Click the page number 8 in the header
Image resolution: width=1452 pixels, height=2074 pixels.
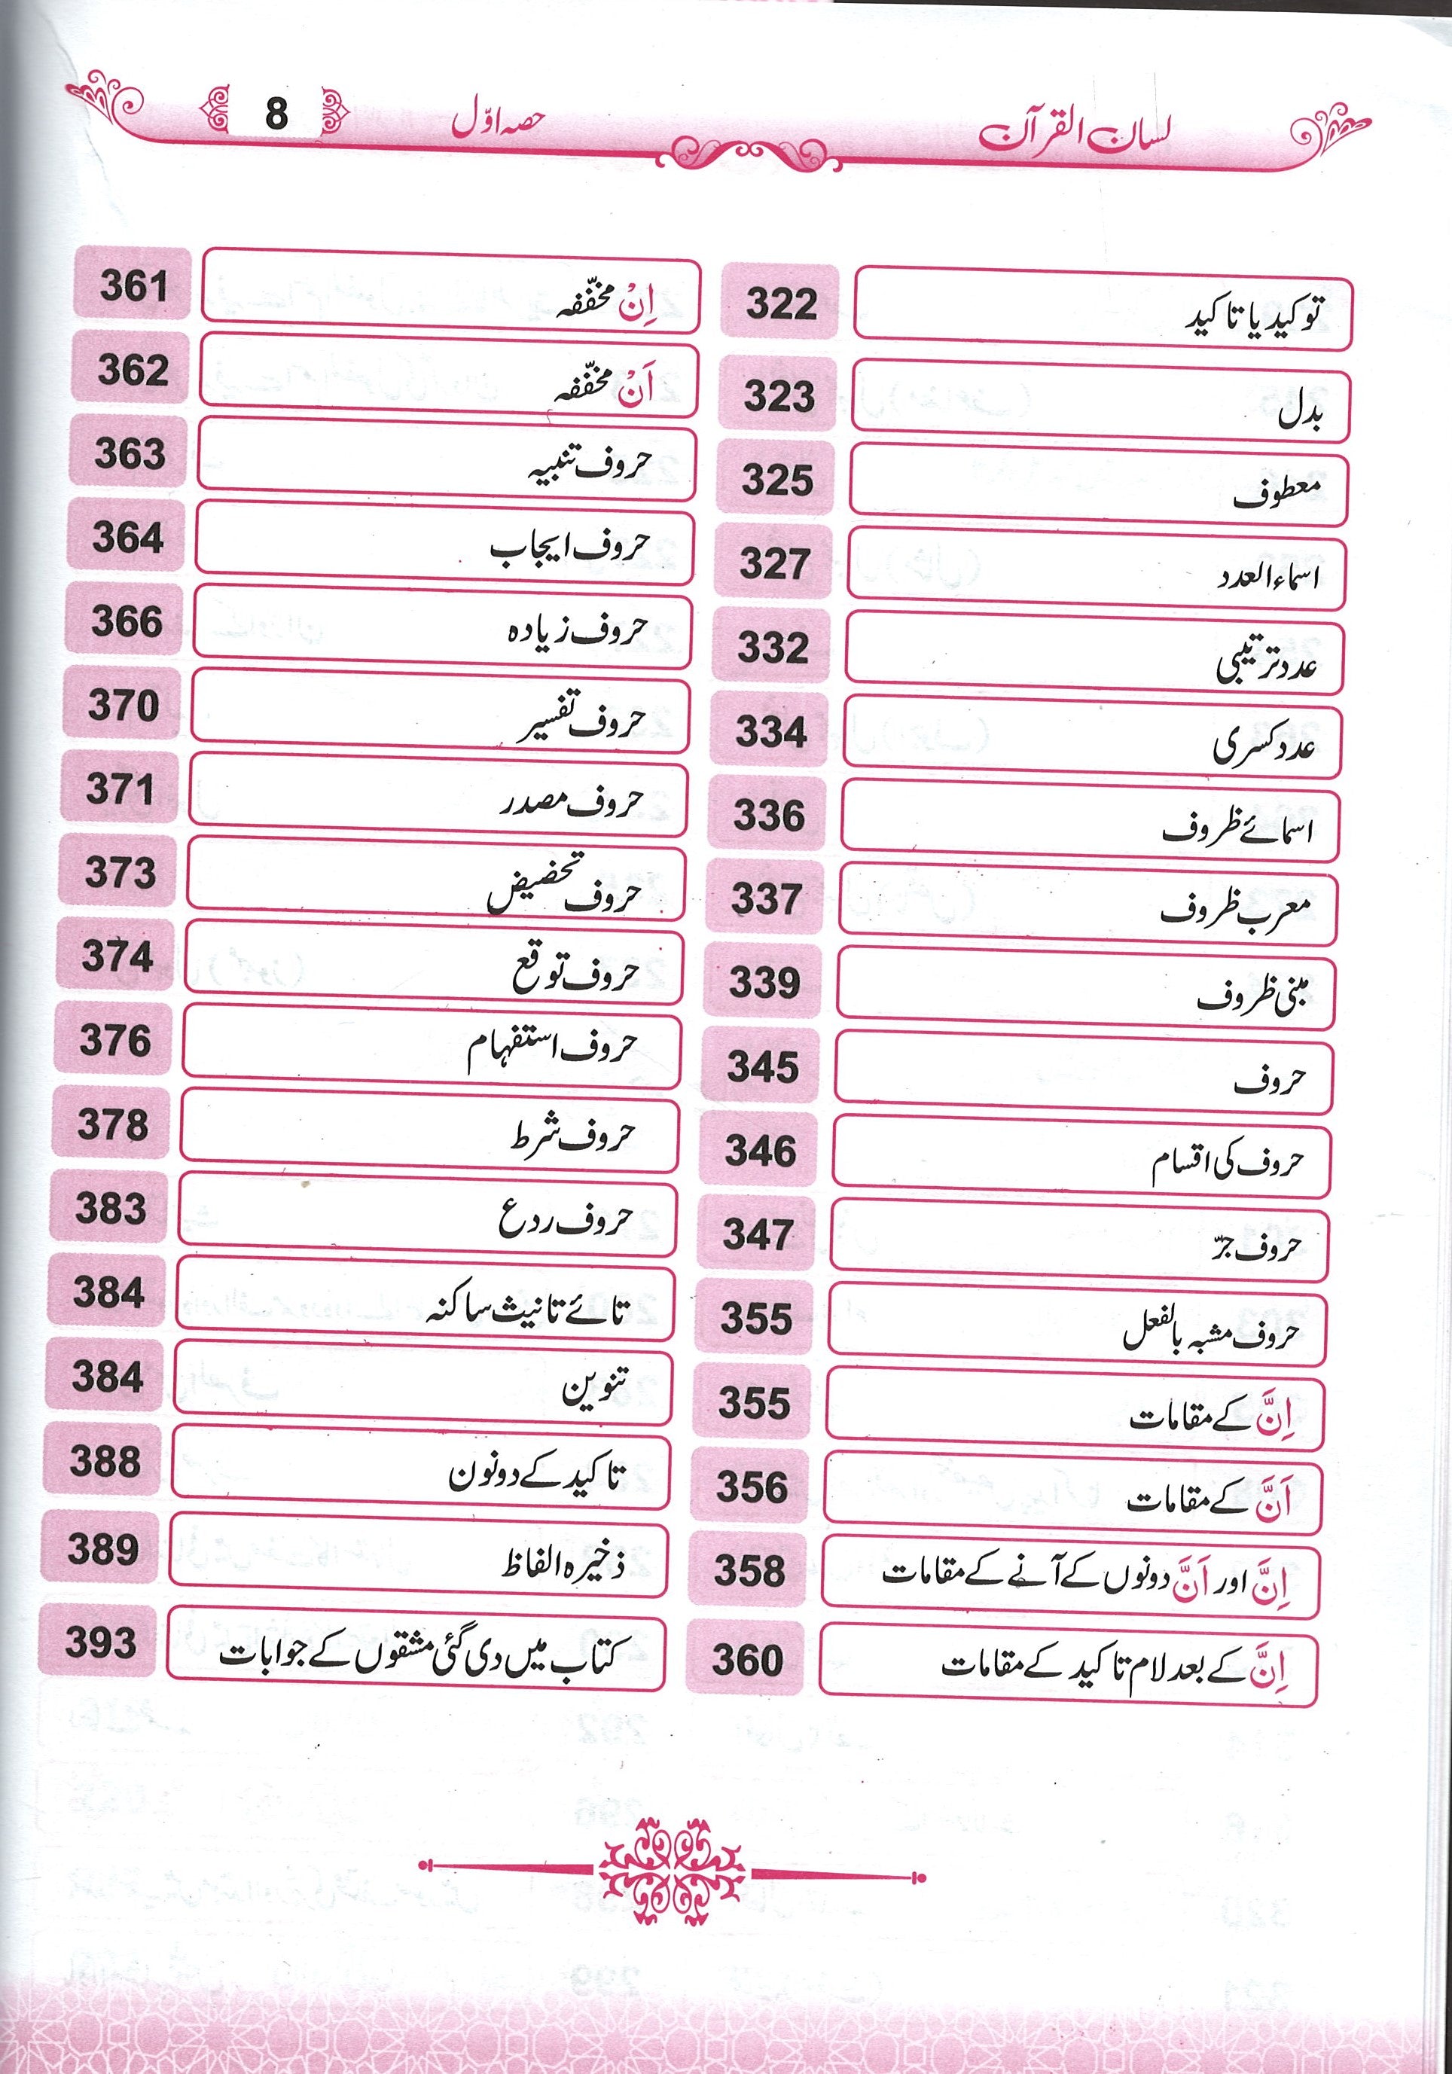point(276,114)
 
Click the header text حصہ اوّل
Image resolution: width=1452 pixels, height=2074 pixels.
point(498,123)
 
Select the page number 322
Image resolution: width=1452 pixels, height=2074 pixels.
point(781,303)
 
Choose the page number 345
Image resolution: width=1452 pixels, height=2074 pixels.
point(763,1067)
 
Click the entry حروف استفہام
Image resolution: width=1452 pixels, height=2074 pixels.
point(551,1050)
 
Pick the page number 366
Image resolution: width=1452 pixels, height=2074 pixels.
point(127,621)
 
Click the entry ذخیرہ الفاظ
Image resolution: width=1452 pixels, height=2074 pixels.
point(563,1562)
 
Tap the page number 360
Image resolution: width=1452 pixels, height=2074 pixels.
point(746,1659)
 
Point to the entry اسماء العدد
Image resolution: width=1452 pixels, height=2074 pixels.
point(1267,575)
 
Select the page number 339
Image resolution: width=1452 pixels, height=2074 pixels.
point(764,982)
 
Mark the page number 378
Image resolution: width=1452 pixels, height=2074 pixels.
point(113,1124)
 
